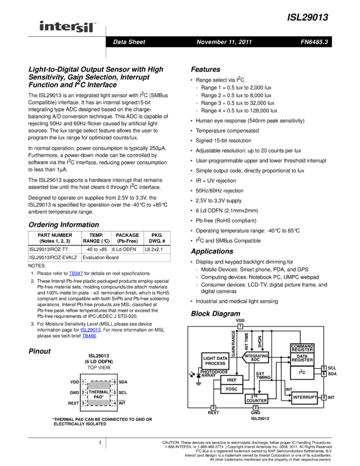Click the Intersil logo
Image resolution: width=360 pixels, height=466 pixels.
(x=68, y=27)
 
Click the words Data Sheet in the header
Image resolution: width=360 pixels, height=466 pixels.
(x=129, y=42)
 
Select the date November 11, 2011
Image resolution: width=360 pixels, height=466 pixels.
(x=224, y=42)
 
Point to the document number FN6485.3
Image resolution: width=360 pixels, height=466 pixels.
(x=314, y=42)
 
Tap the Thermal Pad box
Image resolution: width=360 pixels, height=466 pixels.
(x=99, y=394)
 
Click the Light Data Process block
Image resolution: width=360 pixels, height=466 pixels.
(x=215, y=361)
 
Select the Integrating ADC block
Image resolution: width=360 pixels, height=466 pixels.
(x=256, y=358)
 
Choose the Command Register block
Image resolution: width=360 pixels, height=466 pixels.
(x=302, y=348)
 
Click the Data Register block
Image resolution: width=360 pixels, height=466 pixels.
(x=302, y=359)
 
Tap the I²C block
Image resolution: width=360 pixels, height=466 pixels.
(x=302, y=373)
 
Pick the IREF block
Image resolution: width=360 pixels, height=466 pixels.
(x=232, y=380)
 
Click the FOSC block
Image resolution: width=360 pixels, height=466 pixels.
(x=232, y=389)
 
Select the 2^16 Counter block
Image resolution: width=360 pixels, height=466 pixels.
(x=256, y=399)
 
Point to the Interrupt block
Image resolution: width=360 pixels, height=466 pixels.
(x=305, y=397)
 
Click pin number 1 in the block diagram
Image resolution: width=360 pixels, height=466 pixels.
(x=240, y=327)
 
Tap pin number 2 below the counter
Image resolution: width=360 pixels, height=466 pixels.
(x=255, y=408)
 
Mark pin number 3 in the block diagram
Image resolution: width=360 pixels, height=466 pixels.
(x=213, y=408)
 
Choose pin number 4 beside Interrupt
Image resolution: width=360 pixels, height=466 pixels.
(x=324, y=397)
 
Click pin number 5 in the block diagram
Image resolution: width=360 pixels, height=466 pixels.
(x=324, y=368)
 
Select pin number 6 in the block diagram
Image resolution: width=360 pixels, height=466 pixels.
(x=324, y=374)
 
